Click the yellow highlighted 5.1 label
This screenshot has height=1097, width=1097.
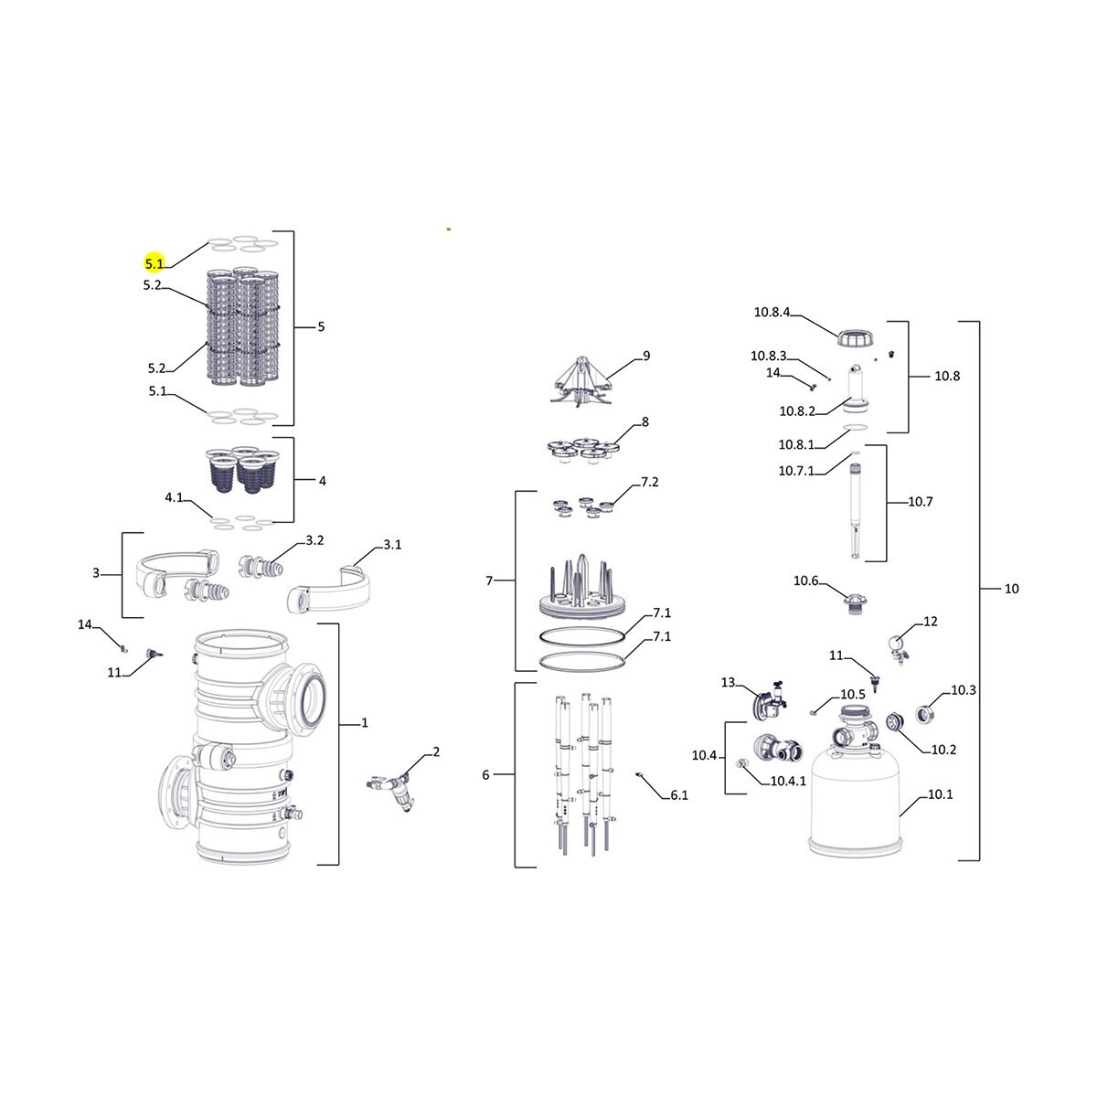point(154,263)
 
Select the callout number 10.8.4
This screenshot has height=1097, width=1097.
point(772,312)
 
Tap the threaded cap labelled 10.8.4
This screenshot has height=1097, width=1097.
point(856,339)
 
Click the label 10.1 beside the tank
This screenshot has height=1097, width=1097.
point(940,794)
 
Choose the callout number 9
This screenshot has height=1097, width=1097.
point(646,356)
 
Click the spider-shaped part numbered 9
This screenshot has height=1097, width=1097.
point(581,381)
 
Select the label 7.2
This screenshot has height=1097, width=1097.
point(650,482)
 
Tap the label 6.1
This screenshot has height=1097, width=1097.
point(678,795)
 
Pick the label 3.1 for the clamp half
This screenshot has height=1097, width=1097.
point(392,545)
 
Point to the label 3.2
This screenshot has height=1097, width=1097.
point(314,540)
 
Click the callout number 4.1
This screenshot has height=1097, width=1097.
point(174,497)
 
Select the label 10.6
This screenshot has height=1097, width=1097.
point(805,580)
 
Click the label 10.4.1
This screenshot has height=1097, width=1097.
point(788,781)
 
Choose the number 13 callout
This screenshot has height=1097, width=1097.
point(728,683)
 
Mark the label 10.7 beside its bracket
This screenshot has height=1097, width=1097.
point(920,502)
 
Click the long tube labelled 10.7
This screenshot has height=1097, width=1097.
point(855,510)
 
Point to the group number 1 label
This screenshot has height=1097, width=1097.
point(365,723)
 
